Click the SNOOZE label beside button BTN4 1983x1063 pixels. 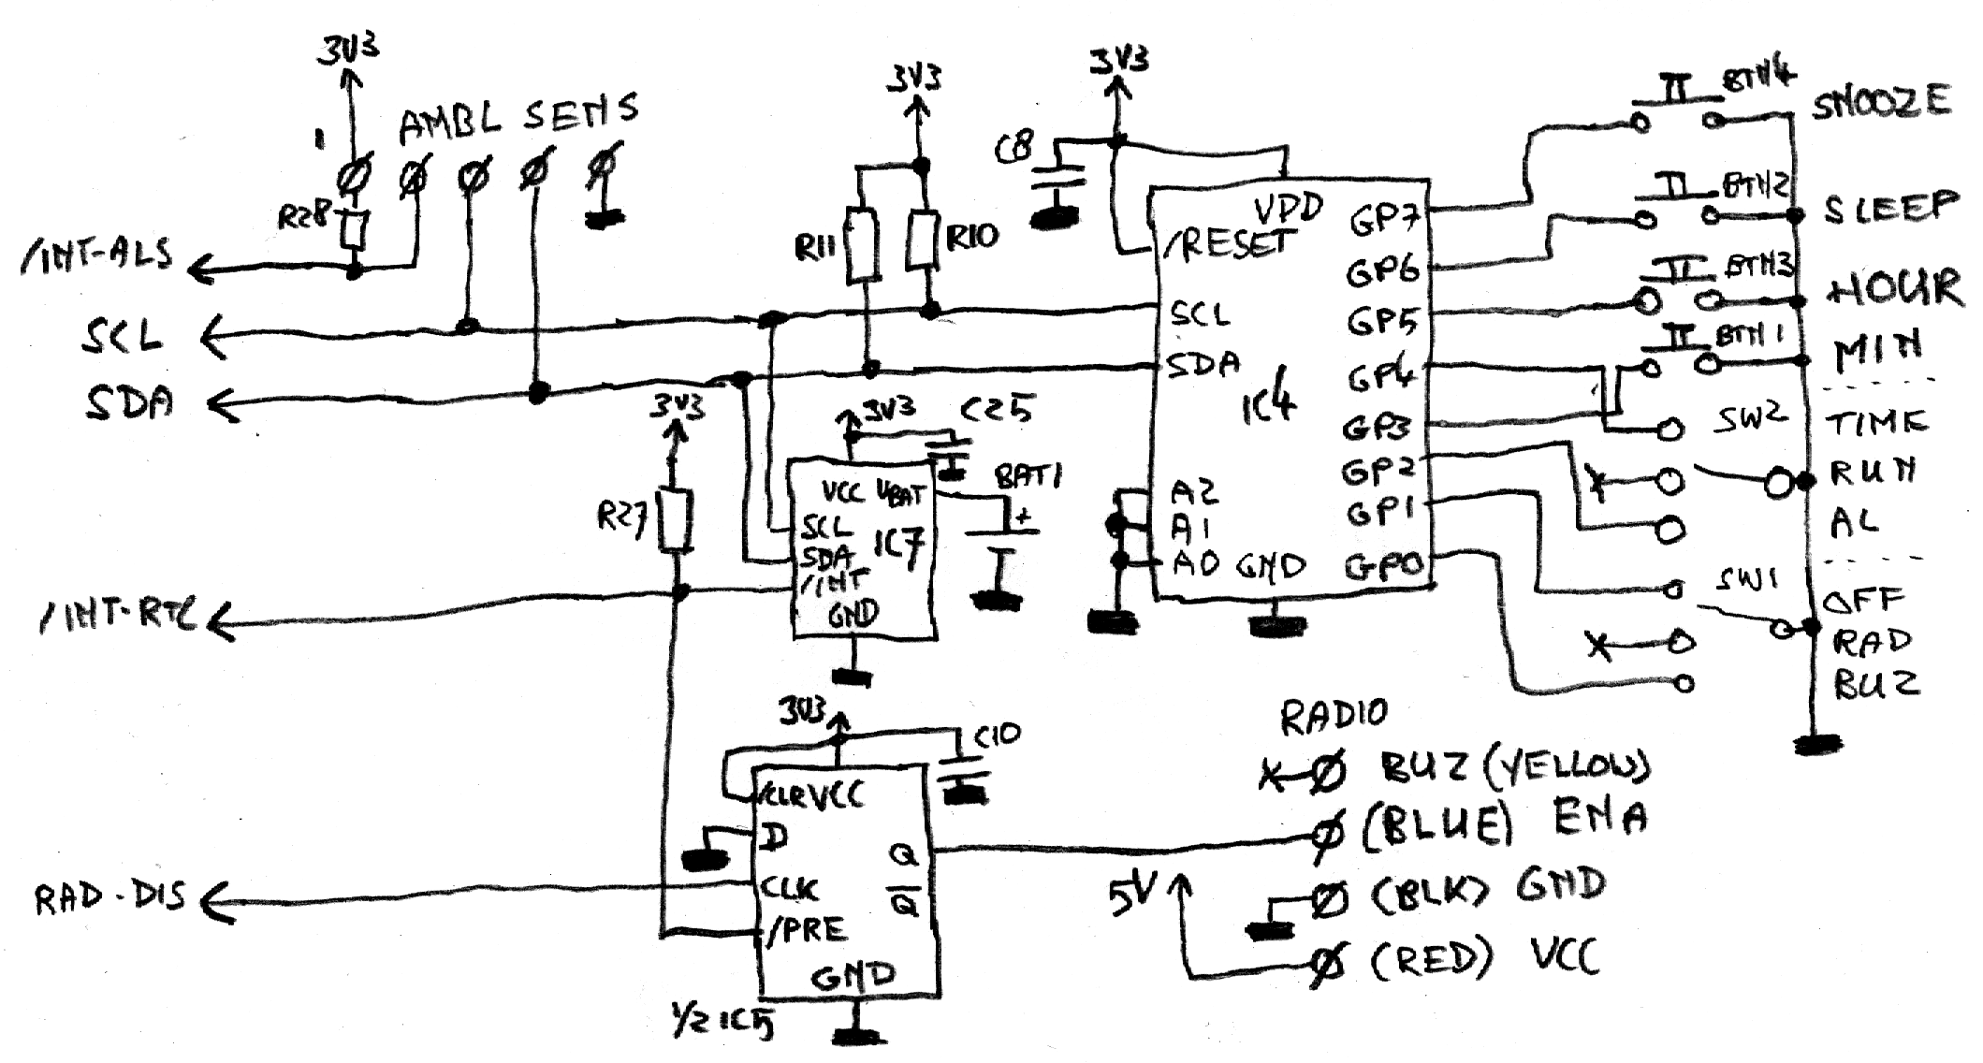tap(1882, 102)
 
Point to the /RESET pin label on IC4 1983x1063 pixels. tap(1227, 245)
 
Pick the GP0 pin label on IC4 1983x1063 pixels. tap(1384, 566)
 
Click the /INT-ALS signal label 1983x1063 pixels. tap(96, 256)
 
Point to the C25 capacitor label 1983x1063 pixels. tap(998, 409)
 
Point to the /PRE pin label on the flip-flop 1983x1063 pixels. tap(806, 930)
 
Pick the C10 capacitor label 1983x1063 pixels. tap(998, 737)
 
